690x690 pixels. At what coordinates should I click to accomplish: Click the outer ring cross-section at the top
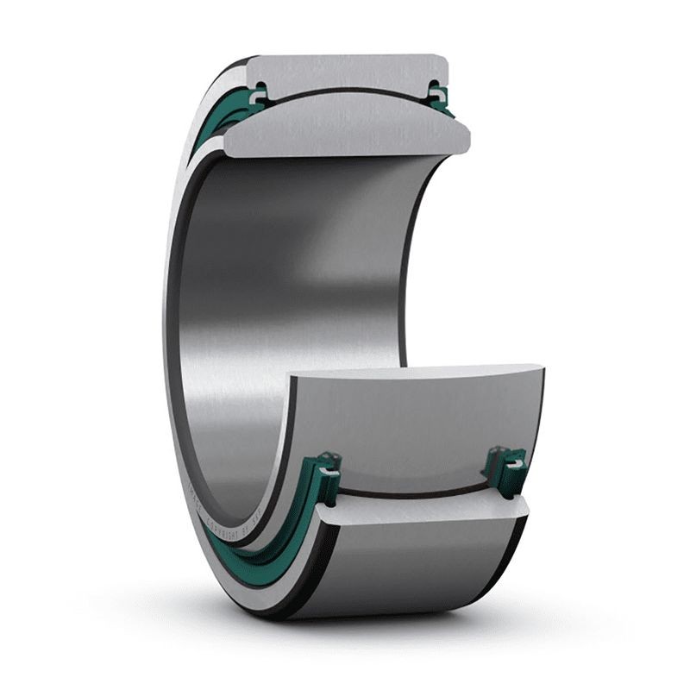pyautogui.click(x=345, y=72)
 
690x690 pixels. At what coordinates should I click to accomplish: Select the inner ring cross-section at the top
pyautogui.click(x=345, y=129)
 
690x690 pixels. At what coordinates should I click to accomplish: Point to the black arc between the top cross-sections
pyautogui.click(x=345, y=91)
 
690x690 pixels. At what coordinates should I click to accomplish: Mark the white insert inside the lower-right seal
pyautogui.click(x=514, y=466)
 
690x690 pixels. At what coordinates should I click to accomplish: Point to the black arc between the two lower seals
pyautogui.click(x=414, y=495)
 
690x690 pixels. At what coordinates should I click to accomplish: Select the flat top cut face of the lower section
pyautogui.click(x=414, y=373)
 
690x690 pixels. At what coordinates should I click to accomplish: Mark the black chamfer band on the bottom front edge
pyautogui.click(x=285, y=595)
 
